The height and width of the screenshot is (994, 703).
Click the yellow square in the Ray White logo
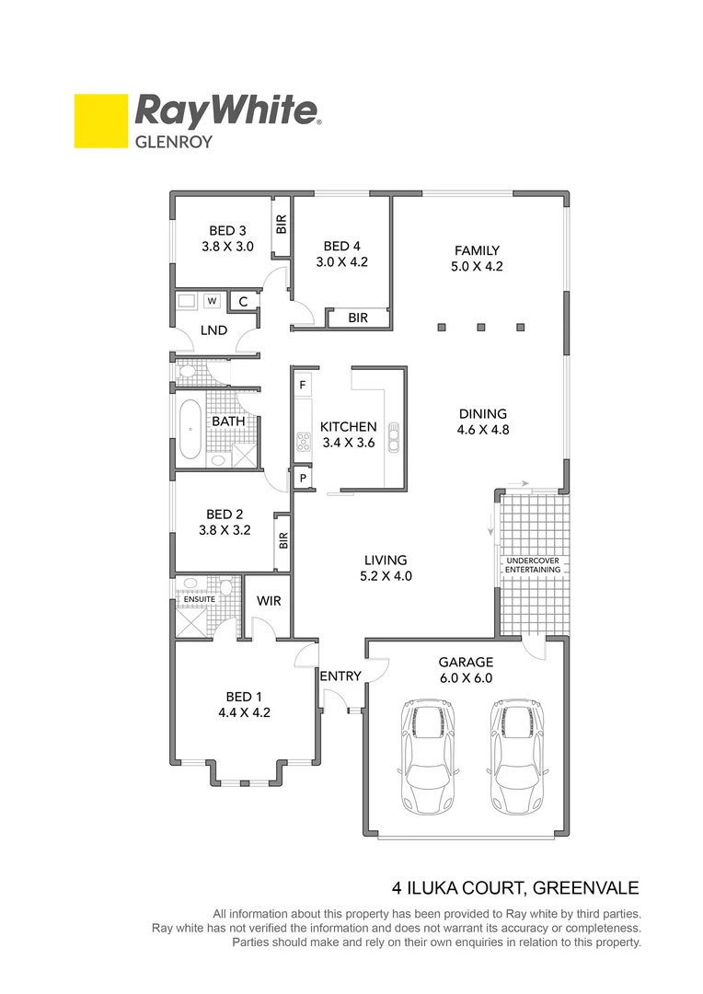100,121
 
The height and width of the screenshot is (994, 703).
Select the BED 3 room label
227,231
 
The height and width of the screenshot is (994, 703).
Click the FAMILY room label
477,250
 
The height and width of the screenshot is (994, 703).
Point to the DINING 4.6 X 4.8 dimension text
482,430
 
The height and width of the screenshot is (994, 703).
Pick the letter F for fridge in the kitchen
302,384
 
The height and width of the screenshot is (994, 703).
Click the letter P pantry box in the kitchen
302,479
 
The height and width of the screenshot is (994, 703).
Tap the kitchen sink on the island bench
394,434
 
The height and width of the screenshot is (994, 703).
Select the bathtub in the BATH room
190,429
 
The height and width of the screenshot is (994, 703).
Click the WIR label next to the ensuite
269,601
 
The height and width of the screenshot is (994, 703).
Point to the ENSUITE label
200,599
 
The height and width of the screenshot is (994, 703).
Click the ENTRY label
340,676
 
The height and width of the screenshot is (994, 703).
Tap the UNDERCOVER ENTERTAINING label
532,565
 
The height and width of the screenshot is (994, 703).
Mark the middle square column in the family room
480,326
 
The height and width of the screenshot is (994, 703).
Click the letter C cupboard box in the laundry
244,301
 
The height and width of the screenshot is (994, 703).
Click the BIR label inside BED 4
358,318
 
